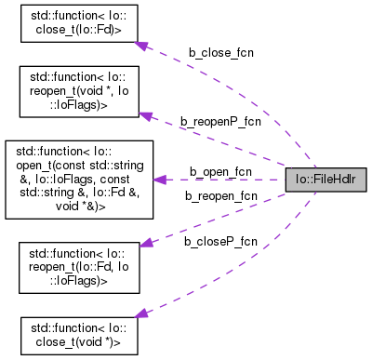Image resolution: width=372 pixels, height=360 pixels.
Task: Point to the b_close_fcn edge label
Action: coord(221,53)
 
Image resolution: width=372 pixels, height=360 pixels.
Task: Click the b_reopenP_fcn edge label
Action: coord(220,121)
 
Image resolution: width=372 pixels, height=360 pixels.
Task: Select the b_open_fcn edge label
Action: coord(220,171)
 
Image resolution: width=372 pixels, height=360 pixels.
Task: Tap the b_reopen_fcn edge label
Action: coord(220,195)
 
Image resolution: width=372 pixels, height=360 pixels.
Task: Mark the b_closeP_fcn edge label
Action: coord(220,242)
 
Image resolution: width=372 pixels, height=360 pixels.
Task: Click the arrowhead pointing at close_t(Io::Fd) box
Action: coord(140,44)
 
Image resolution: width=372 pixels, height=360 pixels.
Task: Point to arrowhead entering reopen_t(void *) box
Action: coord(144,114)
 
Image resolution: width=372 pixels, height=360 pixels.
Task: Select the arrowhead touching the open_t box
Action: coord(159,179)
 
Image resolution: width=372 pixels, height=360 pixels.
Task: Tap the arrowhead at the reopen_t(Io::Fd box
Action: coord(144,242)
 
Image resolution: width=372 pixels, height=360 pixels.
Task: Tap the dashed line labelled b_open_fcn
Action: coord(223,179)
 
